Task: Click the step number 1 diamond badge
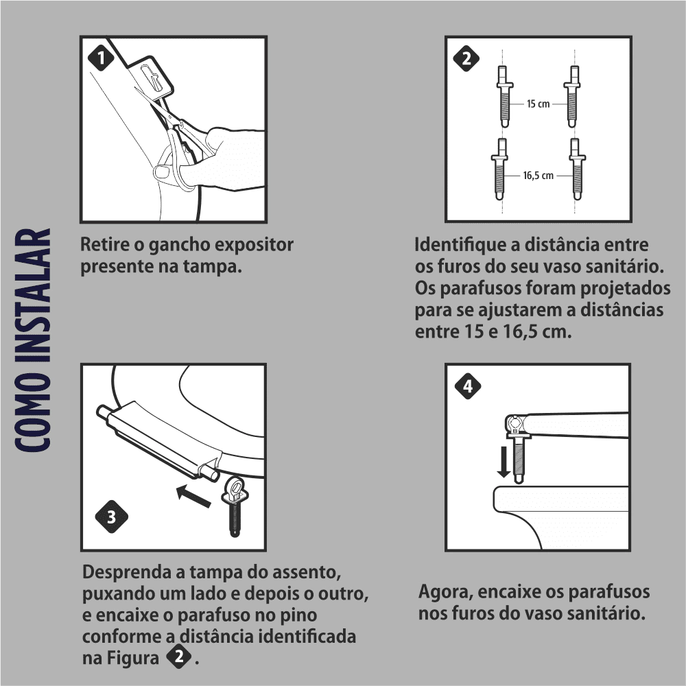click(x=101, y=58)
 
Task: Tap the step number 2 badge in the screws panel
click(x=466, y=58)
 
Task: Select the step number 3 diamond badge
click(x=112, y=517)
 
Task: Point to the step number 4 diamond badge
click(x=468, y=386)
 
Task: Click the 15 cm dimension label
click(x=538, y=104)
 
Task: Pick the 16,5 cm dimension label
click(x=538, y=176)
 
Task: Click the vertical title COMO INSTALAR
click(x=33, y=340)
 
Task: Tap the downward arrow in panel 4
click(x=504, y=462)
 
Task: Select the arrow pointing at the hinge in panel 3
click(x=193, y=496)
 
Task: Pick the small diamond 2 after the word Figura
click(x=179, y=657)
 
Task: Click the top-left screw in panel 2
click(x=504, y=97)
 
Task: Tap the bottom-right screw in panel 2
click(x=577, y=169)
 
